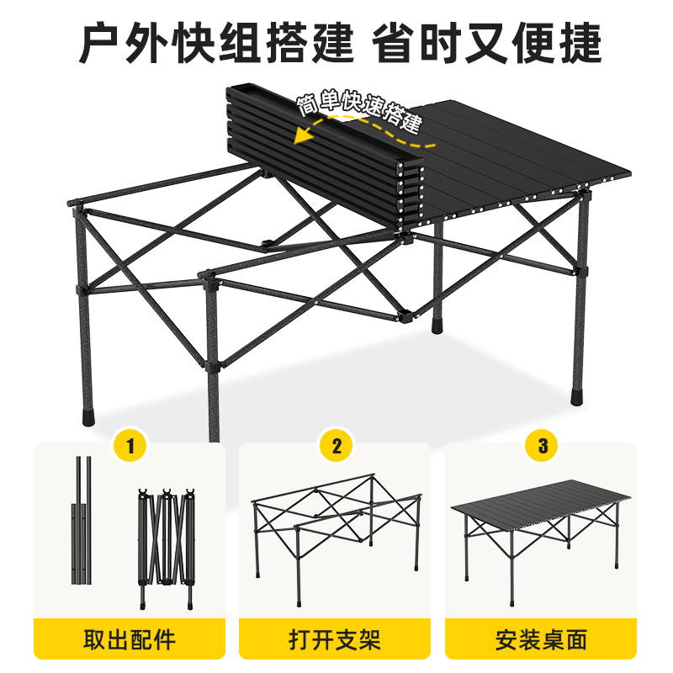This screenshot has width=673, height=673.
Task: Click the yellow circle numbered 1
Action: pyautogui.click(x=130, y=446)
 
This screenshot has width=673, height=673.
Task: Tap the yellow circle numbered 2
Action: pyautogui.click(x=336, y=446)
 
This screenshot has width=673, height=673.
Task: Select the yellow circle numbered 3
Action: pyautogui.click(x=543, y=446)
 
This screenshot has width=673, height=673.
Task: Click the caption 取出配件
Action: pyautogui.click(x=130, y=639)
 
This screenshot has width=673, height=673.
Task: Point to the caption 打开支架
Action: pyautogui.click(x=335, y=639)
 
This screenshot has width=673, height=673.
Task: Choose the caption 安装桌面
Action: pyautogui.click(x=541, y=639)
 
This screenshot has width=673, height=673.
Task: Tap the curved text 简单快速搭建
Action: pyautogui.click(x=360, y=111)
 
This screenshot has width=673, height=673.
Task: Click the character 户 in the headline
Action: pyautogui.click(x=100, y=43)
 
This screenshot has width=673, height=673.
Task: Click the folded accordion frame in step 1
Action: pyautogui.click(x=167, y=548)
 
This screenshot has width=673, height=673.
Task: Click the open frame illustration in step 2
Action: pyautogui.click(x=336, y=538)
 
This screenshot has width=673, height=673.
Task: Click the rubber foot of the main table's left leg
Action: pyautogui.click(x=88, y=417)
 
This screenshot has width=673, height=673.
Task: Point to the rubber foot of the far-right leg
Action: pyautogui.click(x=577, y=397)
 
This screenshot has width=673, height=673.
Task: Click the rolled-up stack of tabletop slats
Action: pyautogui.click(x=325, y=157)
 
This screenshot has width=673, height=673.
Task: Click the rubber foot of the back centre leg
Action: pyautogui.click(x=437, y=326)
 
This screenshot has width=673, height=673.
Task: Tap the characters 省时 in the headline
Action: pyautogui.click(x=416, y=43)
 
